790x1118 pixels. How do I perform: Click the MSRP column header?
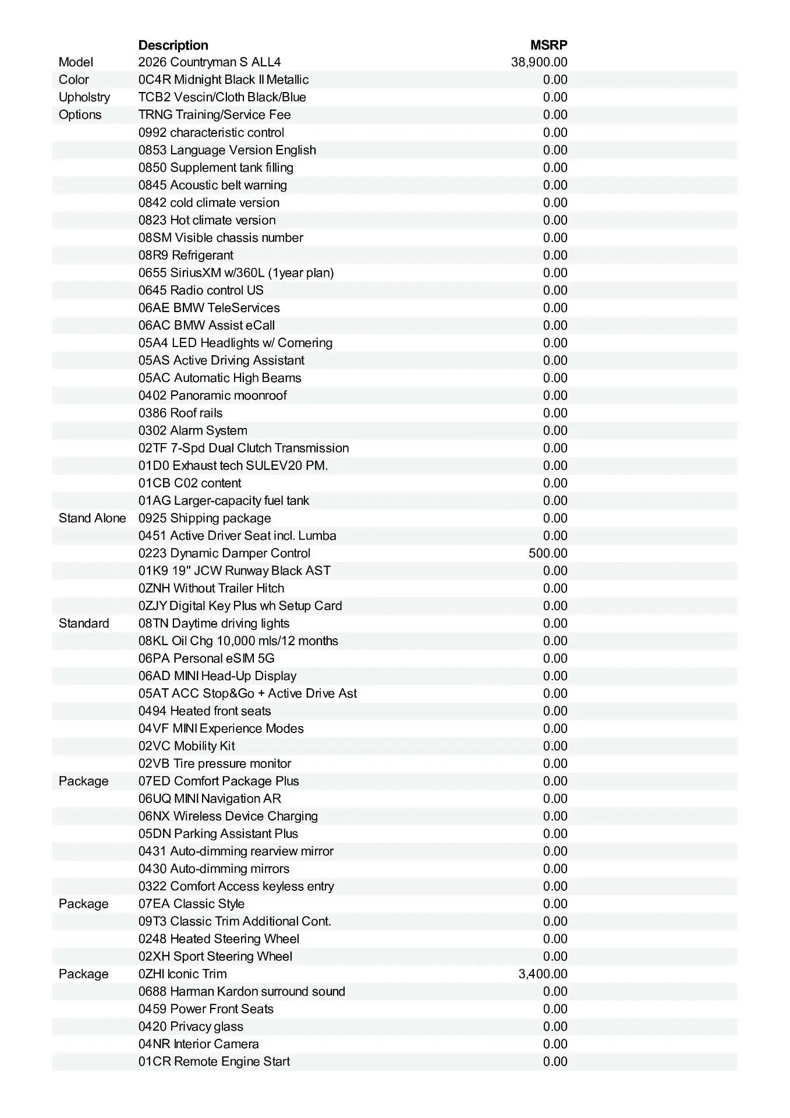click(x=548, y=45)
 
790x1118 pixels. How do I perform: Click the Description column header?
click(x=173, y=45)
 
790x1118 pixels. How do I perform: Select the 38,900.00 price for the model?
click(x=539, y=62)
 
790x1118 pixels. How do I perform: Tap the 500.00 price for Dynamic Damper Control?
click(x=548, y=553)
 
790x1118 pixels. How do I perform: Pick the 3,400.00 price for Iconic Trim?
click(x=543, y=974)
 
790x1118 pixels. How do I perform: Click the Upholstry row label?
click(x=84, y=97)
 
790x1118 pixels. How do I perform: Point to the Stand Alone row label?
click(x=92, y=518)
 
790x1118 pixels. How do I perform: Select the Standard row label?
click(x=84, y=623)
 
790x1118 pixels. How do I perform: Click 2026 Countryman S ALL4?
click(x=210, y=62)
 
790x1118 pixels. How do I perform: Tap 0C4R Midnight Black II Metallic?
click(x=224, y=80)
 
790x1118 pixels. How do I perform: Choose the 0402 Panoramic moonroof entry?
click(x=212, y=395)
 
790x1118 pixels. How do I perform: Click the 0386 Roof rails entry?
click(x=180, y=413)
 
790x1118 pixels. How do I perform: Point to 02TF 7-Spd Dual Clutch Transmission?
click(x=243, y=448)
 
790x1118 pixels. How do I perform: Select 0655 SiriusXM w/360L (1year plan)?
click(x=236, y=273)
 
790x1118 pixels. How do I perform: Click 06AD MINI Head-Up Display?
click(x=217, y=676)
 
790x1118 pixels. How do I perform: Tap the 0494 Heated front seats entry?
click(x=204, y=711)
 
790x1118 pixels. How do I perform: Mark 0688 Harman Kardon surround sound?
click(x=242, y=991)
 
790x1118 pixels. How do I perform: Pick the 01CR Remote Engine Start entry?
click(x=214, y=1062)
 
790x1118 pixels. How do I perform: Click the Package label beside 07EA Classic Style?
click(x=83, y=904)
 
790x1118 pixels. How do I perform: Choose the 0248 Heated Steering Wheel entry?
click(x=219, y=939)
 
